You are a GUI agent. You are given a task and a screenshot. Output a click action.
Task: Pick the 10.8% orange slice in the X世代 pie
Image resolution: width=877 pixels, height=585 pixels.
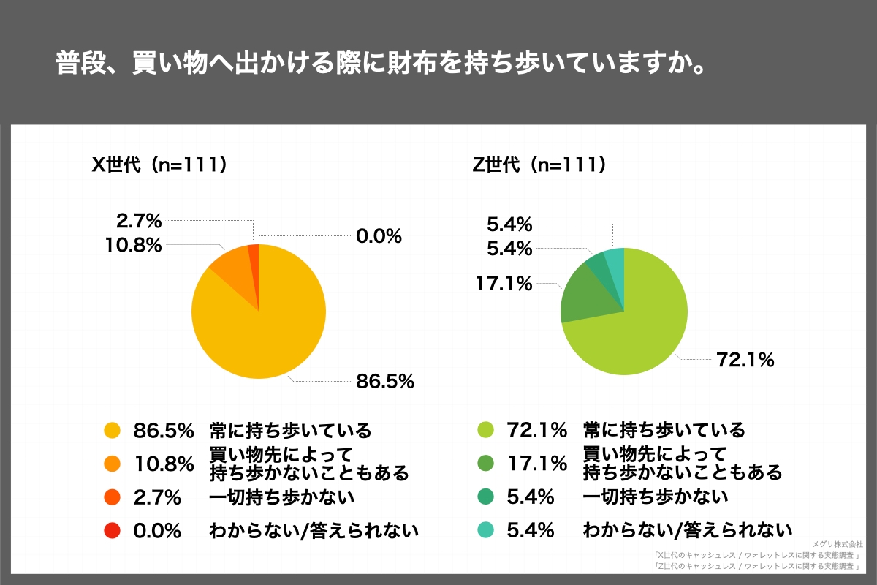232,268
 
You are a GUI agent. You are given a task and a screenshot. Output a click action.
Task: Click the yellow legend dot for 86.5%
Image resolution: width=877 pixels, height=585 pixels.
112,430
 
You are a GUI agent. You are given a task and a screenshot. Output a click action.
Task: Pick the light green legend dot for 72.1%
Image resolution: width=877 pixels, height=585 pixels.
487,430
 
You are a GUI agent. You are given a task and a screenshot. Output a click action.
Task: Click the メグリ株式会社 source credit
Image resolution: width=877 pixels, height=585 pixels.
838,544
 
